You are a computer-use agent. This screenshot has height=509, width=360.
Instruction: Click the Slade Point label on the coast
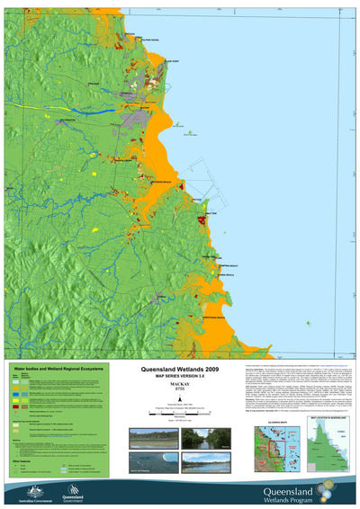172,62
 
